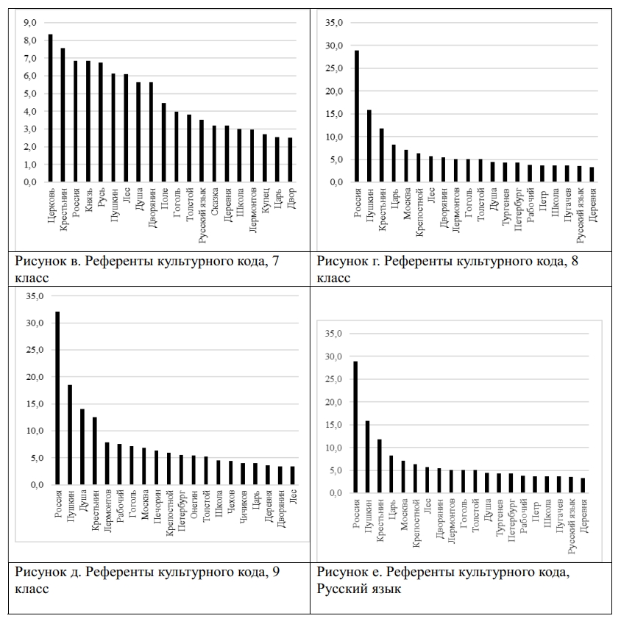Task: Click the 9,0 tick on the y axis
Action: (30, 24)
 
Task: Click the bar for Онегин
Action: (194, 470)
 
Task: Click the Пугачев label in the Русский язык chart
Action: (558, 517)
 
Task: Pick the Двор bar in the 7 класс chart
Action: (290, 159)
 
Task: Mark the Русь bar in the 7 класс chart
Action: (101, 122)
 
